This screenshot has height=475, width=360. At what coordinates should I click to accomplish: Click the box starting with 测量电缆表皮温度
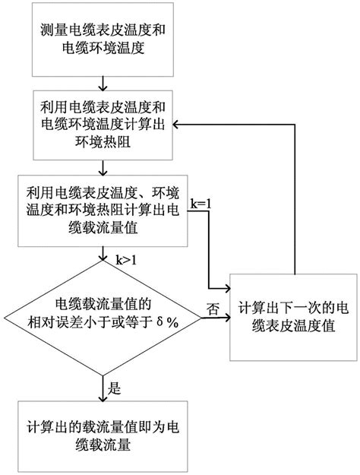tap(103, 40)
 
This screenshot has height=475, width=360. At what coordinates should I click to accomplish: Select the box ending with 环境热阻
tap(103, 125)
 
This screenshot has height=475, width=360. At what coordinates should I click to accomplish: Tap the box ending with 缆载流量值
tap(103, 211)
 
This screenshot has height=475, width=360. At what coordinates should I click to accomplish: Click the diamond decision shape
tap(103, 318)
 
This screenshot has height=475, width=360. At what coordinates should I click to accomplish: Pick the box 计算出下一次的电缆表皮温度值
tap(293, 317)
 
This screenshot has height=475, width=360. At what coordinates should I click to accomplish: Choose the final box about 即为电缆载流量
tap(103, 436)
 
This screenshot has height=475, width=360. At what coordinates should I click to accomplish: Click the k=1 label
tap(201, 204)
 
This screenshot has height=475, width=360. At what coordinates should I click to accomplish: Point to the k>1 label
tap(126, 260)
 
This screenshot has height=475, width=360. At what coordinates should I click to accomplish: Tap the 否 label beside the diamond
tap(213, 309)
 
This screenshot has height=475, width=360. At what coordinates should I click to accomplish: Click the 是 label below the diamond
tap(115, 388)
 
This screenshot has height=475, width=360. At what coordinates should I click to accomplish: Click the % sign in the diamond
tap(172, 324)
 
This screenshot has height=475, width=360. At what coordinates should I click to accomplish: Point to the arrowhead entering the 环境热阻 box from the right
tap(176, 125)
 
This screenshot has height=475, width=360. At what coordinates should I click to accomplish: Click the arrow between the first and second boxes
tap(103, 84)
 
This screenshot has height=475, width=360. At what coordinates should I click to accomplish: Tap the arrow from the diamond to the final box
tap(103, 388)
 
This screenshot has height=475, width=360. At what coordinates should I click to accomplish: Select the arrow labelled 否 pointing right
tap(216, 318)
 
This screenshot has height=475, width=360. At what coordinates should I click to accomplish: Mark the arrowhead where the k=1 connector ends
tap(227, 289)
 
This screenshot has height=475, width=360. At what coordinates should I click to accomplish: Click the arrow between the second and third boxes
tap(103, 167)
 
